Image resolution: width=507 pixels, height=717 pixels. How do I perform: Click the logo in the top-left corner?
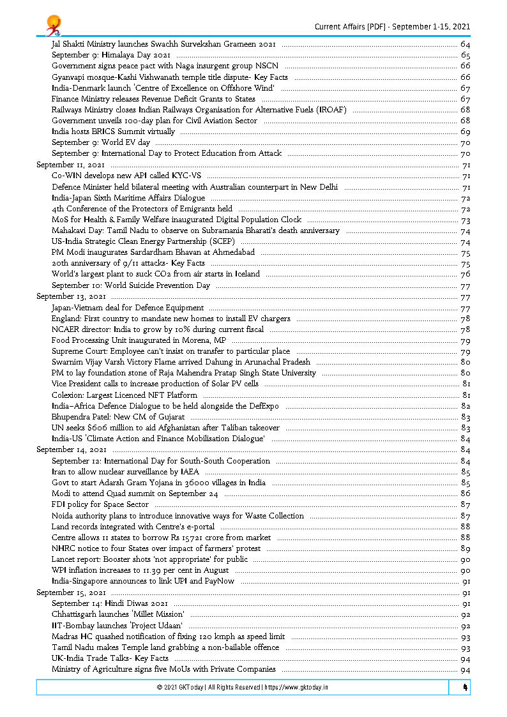pyautogui.click(x=53, y=26)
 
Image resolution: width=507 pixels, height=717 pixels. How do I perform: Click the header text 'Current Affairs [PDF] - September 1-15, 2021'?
pyautogui.click(x=392, y=26)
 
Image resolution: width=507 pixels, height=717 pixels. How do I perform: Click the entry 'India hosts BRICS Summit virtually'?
pyautogui.click(x=113, y=132)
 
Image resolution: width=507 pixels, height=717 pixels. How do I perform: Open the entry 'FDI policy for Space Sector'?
pyautogui.click(x=100, y=504)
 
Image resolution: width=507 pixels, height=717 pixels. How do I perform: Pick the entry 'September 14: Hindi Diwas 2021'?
pyautogui.click(x=110, y=603)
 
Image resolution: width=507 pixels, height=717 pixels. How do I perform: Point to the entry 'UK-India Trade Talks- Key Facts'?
pyautogui.click(x=110, y=658)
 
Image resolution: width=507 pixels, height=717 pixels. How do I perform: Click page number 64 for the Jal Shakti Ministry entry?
pyautogui.click(x=465, y=44)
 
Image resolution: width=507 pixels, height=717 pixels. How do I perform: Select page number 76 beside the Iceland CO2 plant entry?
pyautogui.click(x=465, y=275)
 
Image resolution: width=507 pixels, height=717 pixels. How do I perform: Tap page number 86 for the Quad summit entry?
pyautogui.click(x=465, y=494)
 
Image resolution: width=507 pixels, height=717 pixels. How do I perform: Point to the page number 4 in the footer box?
pyautogui.click(x=465, y=688)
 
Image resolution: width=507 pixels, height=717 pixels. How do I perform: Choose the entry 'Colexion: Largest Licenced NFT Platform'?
pyautogui.click(x=125, y=395)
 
